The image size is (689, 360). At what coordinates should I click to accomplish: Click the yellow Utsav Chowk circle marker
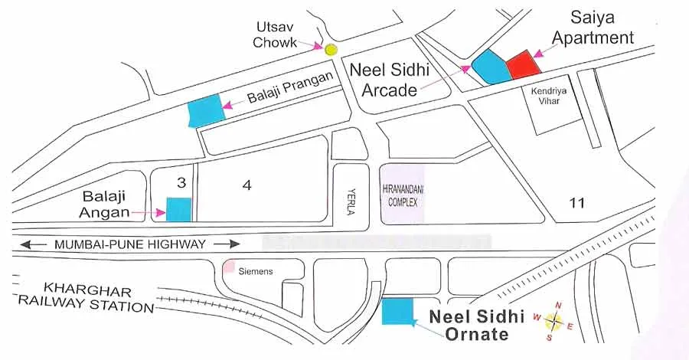tap(331, 50)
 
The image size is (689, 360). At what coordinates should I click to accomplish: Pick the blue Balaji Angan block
tap(179, 209)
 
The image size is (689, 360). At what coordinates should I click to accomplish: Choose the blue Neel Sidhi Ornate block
tap(397, 311)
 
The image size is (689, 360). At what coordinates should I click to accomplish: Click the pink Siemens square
tap(229, 267)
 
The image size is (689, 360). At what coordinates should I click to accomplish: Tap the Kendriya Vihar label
tap(547, 96)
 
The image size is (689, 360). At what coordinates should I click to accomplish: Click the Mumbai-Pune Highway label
tap(130, 245)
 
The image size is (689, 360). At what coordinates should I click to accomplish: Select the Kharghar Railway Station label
tap(88, 299)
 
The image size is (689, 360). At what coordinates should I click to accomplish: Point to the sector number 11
tap(578, 203)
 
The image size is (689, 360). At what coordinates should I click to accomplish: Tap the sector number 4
tap(247, 185)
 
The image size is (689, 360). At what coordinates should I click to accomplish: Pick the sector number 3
tap(181, 183)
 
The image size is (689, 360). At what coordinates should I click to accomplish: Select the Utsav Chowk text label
tap(275, 34)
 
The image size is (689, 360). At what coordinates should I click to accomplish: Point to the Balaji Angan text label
tap(103, 203)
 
